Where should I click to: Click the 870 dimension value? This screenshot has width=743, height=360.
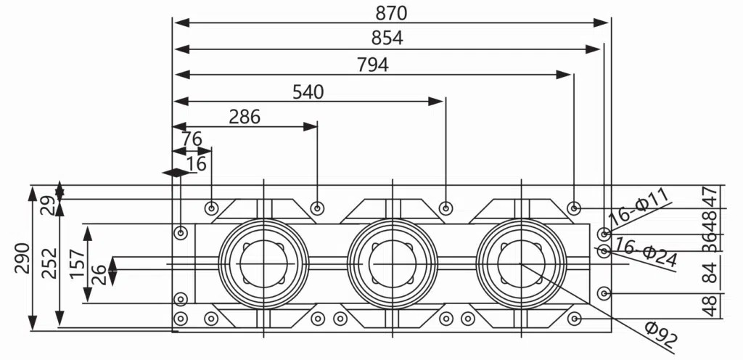[x=391, y=12]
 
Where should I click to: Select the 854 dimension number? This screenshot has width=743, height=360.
[x=387, y=38]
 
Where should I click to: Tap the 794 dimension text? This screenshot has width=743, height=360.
[x=372, y=65]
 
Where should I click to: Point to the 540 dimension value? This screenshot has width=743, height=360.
[x=308, y=91]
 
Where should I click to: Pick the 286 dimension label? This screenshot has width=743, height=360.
[x=244, y=117]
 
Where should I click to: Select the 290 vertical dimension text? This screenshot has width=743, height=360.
[x=22, y=258]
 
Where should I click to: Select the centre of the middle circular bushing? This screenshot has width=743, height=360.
[x=392, y=265]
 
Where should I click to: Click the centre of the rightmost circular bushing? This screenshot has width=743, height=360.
[x=520, y=265]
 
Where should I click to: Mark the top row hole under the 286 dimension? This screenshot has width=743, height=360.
[x=317, y=209]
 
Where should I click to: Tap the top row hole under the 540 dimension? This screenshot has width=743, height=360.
[x=446, y=209]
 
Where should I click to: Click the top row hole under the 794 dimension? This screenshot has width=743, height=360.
[x=574, y=209]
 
